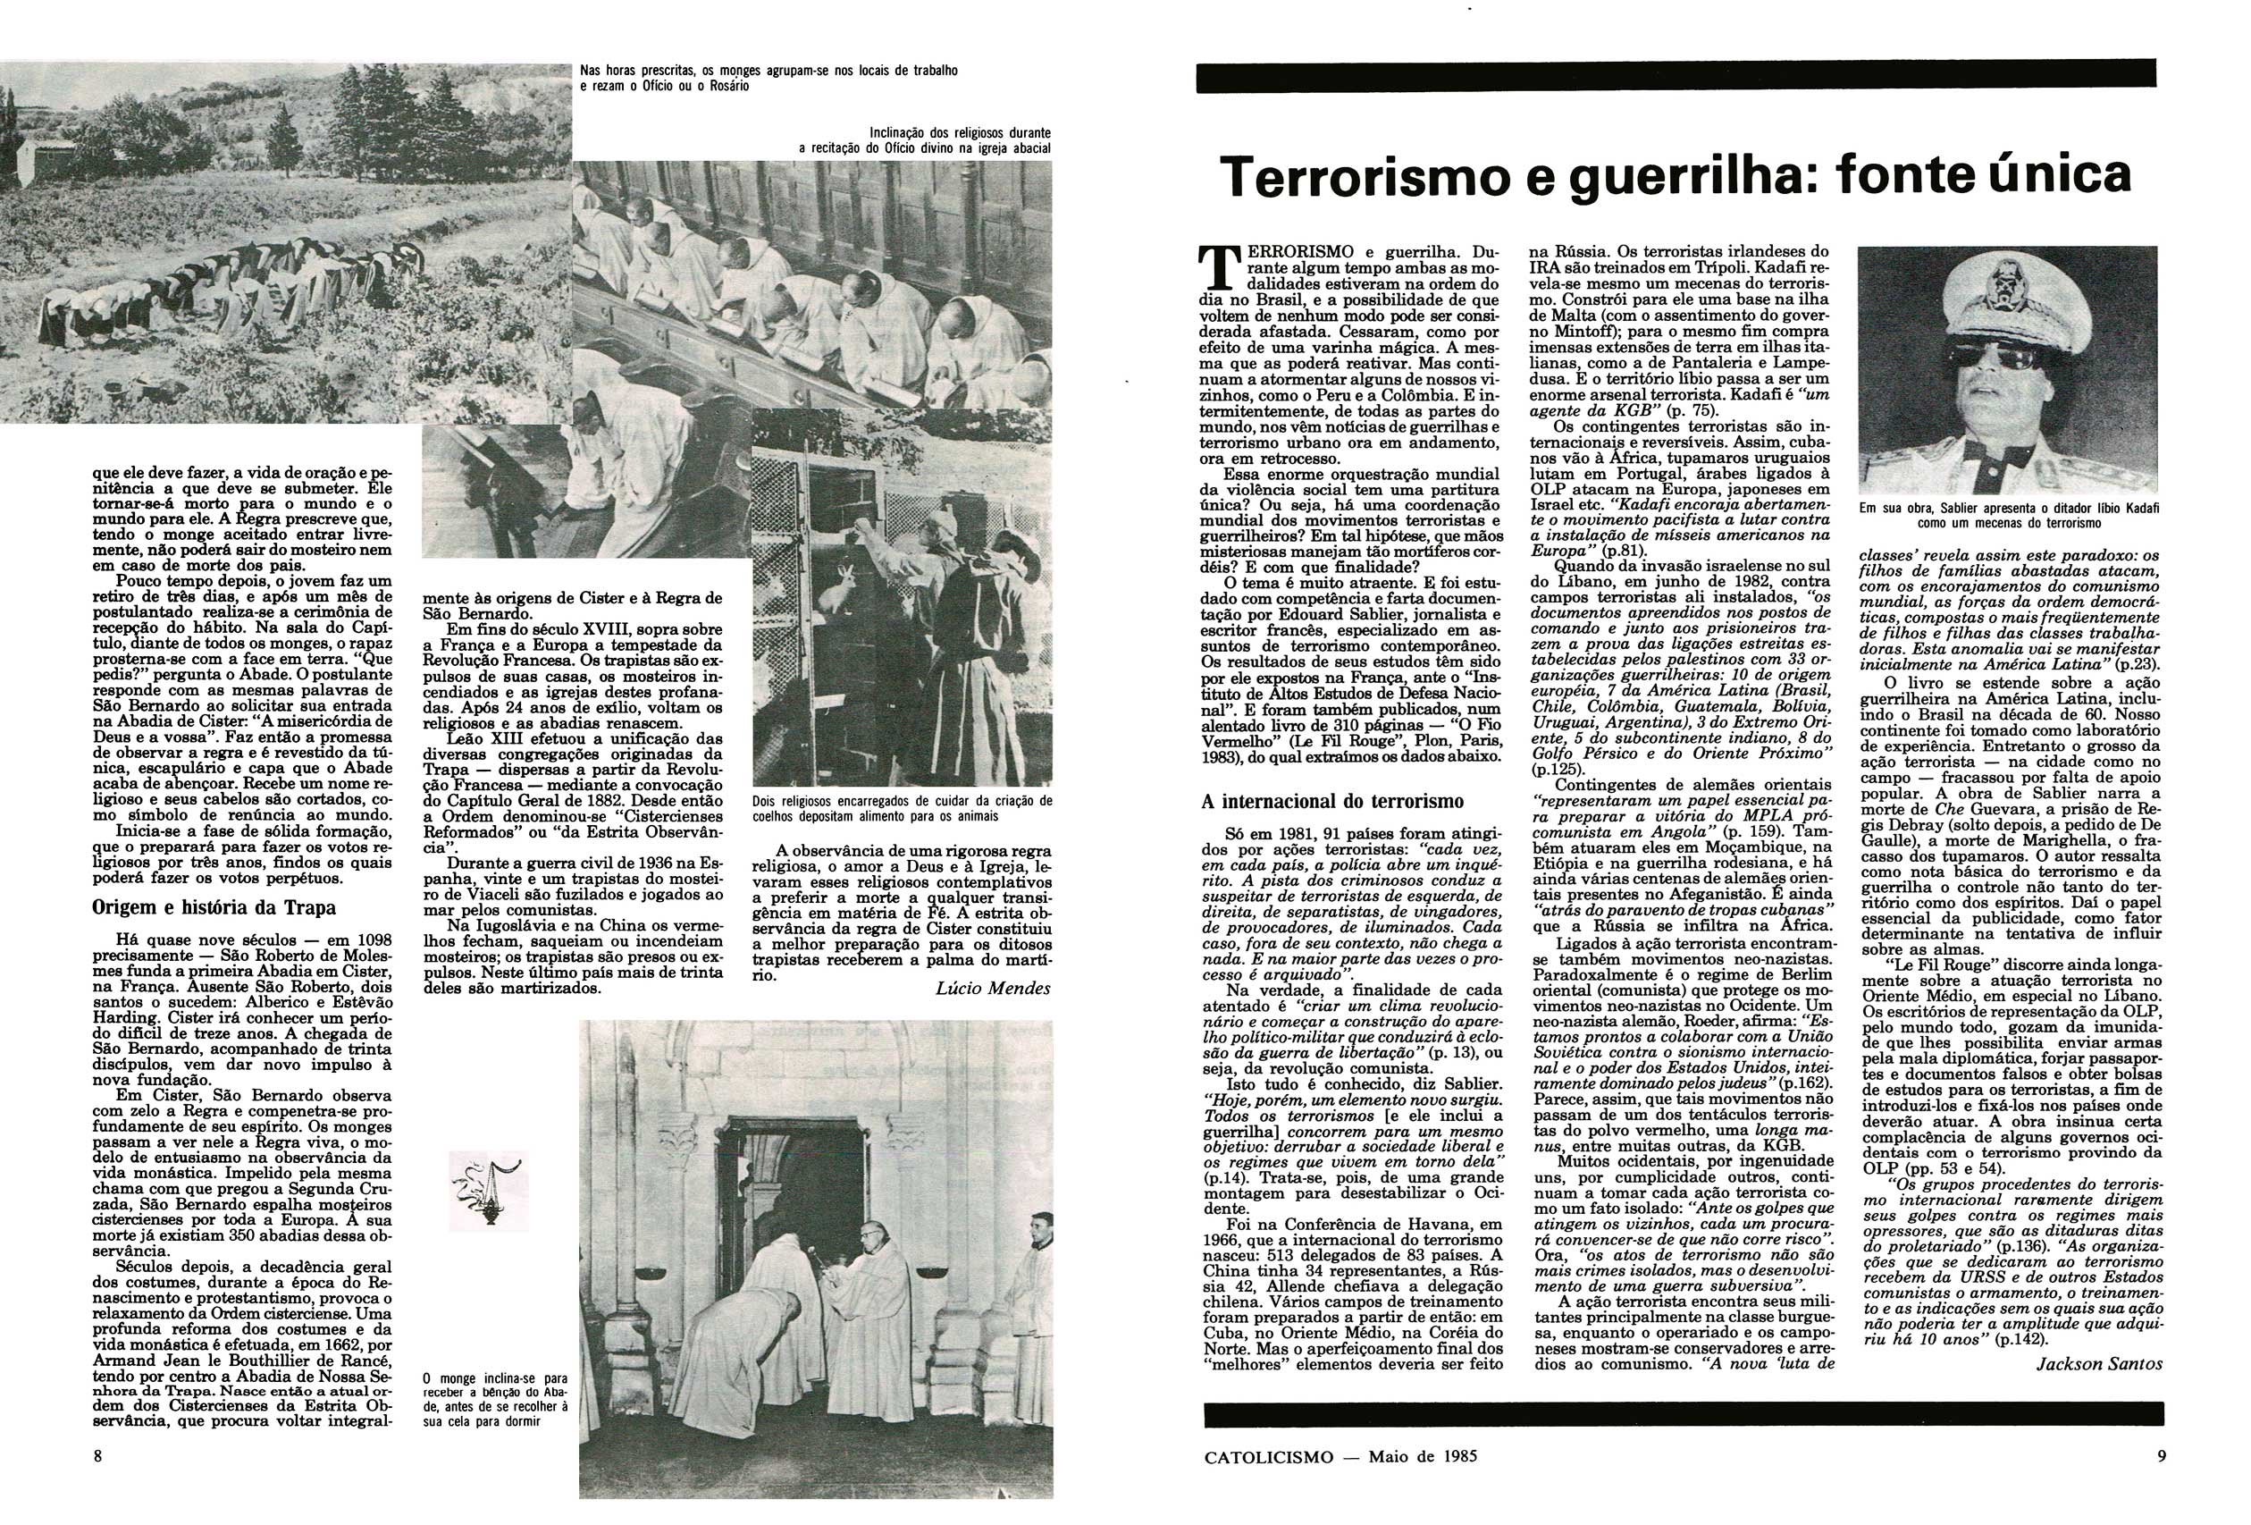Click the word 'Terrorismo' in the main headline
pyautogui.click(x=1365, y=176)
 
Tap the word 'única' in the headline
pyautogui.click(x=2051, y=174)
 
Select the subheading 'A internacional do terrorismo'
pyautogui.click(x=1324, y=801)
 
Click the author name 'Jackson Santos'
pyautogui.click(x=2098, y=1363)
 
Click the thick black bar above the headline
pyautogui.click(x=1676, y=76)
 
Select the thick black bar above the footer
pyautogui.click(x=1684, y=1413)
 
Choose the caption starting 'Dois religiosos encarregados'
pyautogui.click(x=902, y=808)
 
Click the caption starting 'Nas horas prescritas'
pyautogui.click(x=769, y=78)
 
